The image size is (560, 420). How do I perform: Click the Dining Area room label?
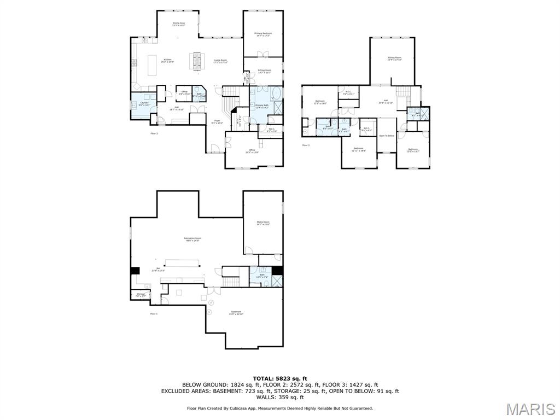pyautogui.click(x=179, y=24)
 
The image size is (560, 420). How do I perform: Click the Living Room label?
pyautogui.click(x=220, y=61)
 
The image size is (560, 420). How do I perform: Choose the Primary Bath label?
pyautogui.click(x=262, y=106)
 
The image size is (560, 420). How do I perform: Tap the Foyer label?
pyautogui.click(x=217, y=122)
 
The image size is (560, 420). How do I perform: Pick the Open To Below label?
pyautogui.click(x=387, y=136)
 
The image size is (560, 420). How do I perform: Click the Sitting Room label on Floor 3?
pyautogui.click(x=394, y=59)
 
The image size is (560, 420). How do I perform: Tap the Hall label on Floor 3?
pyautogui.click(x=386, y=101)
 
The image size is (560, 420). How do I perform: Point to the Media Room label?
pyautogui.click(x=263, y=223)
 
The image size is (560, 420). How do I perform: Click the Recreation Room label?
pyautogui.click(x=192, y=239)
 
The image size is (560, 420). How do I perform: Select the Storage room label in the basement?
pyautogui.click(x=141, y=295)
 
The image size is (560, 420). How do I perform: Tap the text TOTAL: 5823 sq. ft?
pyautogui.click(x=280, y=378)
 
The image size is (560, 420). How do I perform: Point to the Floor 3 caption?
pyautogui.click(x=306, y=145)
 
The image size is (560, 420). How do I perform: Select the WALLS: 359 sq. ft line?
pyautogui.click(x=280, y=398)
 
